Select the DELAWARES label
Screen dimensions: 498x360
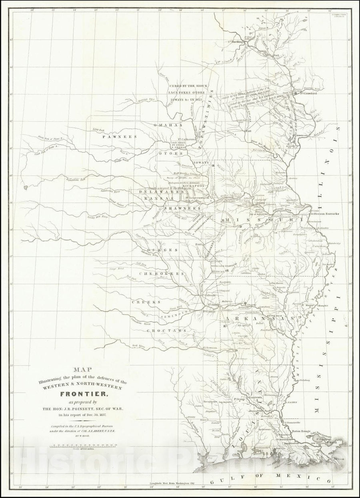pyautogui.click(x=155, y=192)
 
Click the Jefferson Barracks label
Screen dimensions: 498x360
pyautogui.click(x=325, y=214)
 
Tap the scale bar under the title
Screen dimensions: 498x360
pyautogui.click(x=83, y=445)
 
